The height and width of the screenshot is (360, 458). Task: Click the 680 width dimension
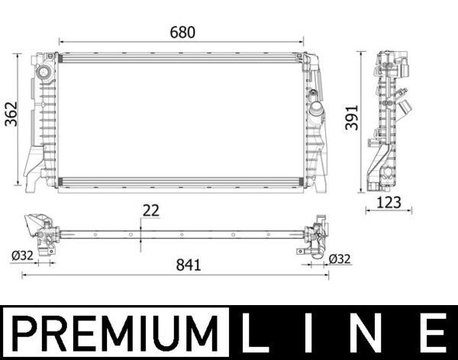(x=182, y=32)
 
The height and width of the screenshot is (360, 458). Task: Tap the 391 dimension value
(x=350, y=118)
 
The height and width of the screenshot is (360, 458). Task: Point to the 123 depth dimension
(x=389, y=202)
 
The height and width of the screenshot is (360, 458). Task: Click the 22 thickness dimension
(x=150, y=211)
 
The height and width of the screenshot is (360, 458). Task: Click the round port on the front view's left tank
(x=43, y=73)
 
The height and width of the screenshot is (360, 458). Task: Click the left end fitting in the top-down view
(x=41, y=233)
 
